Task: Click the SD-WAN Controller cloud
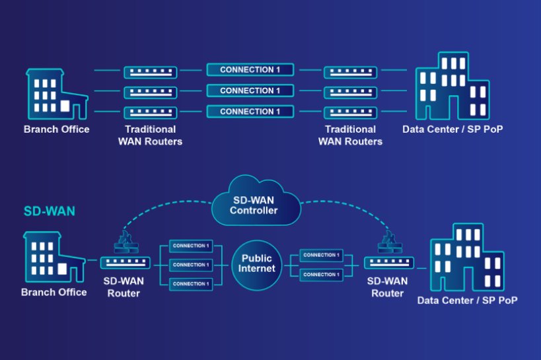click(x=256, y=202)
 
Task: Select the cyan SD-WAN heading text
click(x=50, y=211)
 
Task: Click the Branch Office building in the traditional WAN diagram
click(x=55, y=93)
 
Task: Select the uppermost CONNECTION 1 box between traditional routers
click(x=250, y=69)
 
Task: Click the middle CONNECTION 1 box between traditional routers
click(x=250, y=90)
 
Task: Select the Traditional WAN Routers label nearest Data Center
click(x=350, y=135)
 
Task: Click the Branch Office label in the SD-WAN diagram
click(x=54, y=292)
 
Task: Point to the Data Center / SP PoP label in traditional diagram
click(x=452, y=129)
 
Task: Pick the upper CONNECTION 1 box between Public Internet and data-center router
click(x=320, y=255)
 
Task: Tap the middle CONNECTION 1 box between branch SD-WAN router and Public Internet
click(x=190, y=264)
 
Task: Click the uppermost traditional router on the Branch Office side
click(x=150, y=70)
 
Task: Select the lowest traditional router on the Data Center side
click(x=350, y=112)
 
